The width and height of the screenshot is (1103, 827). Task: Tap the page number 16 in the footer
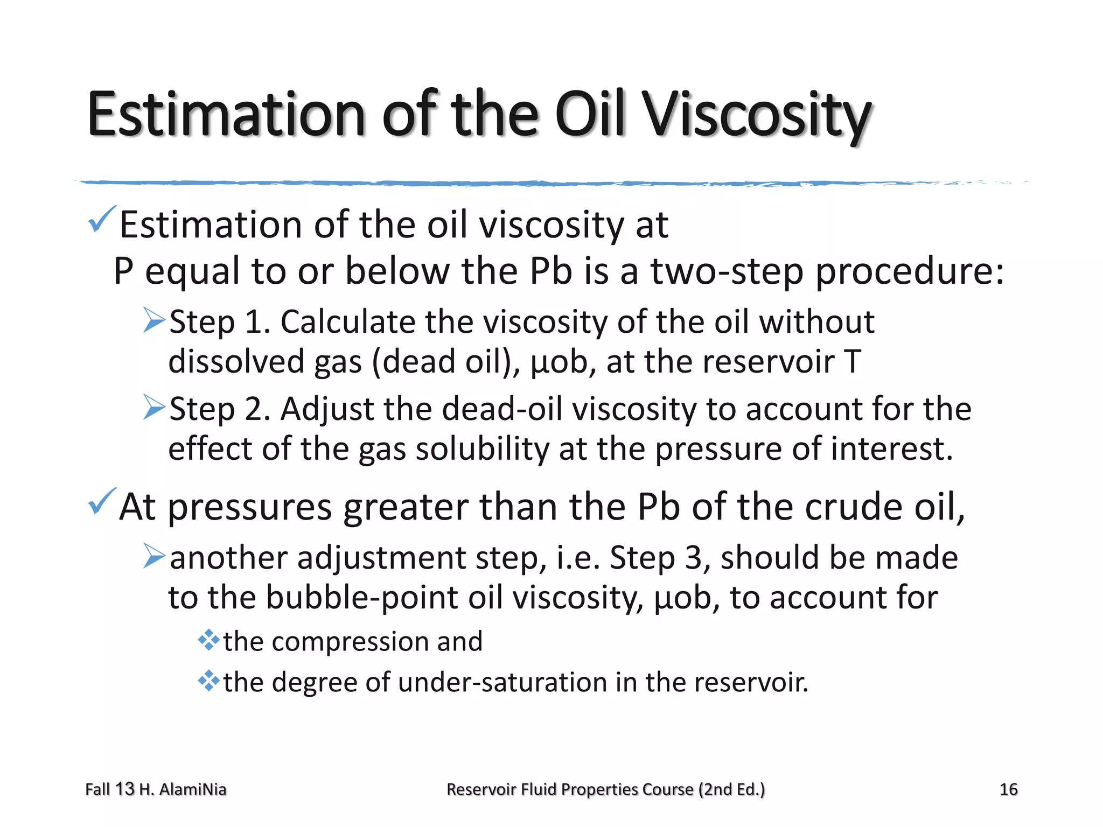click(x=1008, y=789)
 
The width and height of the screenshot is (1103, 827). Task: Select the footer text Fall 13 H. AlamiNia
click(x=156, y=789)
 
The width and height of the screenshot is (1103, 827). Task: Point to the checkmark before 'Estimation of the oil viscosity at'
click(x=101, y=219)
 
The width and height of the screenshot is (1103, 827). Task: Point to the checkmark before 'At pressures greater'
click(x=101, y=501)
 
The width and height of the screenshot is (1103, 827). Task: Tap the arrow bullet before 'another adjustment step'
click(x=155, y=556)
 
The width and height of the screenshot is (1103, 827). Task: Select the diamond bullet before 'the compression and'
click(x=208, y=641)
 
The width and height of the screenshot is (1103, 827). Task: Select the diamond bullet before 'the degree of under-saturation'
click(x=208, y=682)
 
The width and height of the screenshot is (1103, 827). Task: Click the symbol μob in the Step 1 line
click(x=560, y=361)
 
